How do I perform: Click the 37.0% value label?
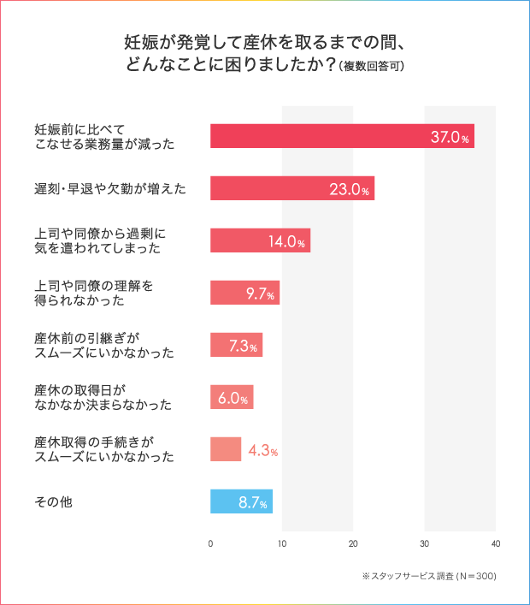point(450,137)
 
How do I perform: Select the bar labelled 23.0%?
point(291,189)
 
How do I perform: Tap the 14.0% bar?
point(260,241)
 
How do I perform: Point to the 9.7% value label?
point(260,294)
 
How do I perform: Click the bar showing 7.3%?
point(236,346)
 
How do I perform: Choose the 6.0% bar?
point(232,398)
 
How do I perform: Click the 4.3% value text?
point(262,450)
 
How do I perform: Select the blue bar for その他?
point(241,501)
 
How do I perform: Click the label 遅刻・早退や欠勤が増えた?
point(107,188)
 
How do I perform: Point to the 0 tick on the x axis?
point(210,543)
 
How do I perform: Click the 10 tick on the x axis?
point(282,543)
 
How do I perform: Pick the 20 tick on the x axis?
point(353,543)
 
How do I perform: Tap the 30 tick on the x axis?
point(425,543)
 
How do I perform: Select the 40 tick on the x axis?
point(496,543)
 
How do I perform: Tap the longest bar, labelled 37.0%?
point(342,137)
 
